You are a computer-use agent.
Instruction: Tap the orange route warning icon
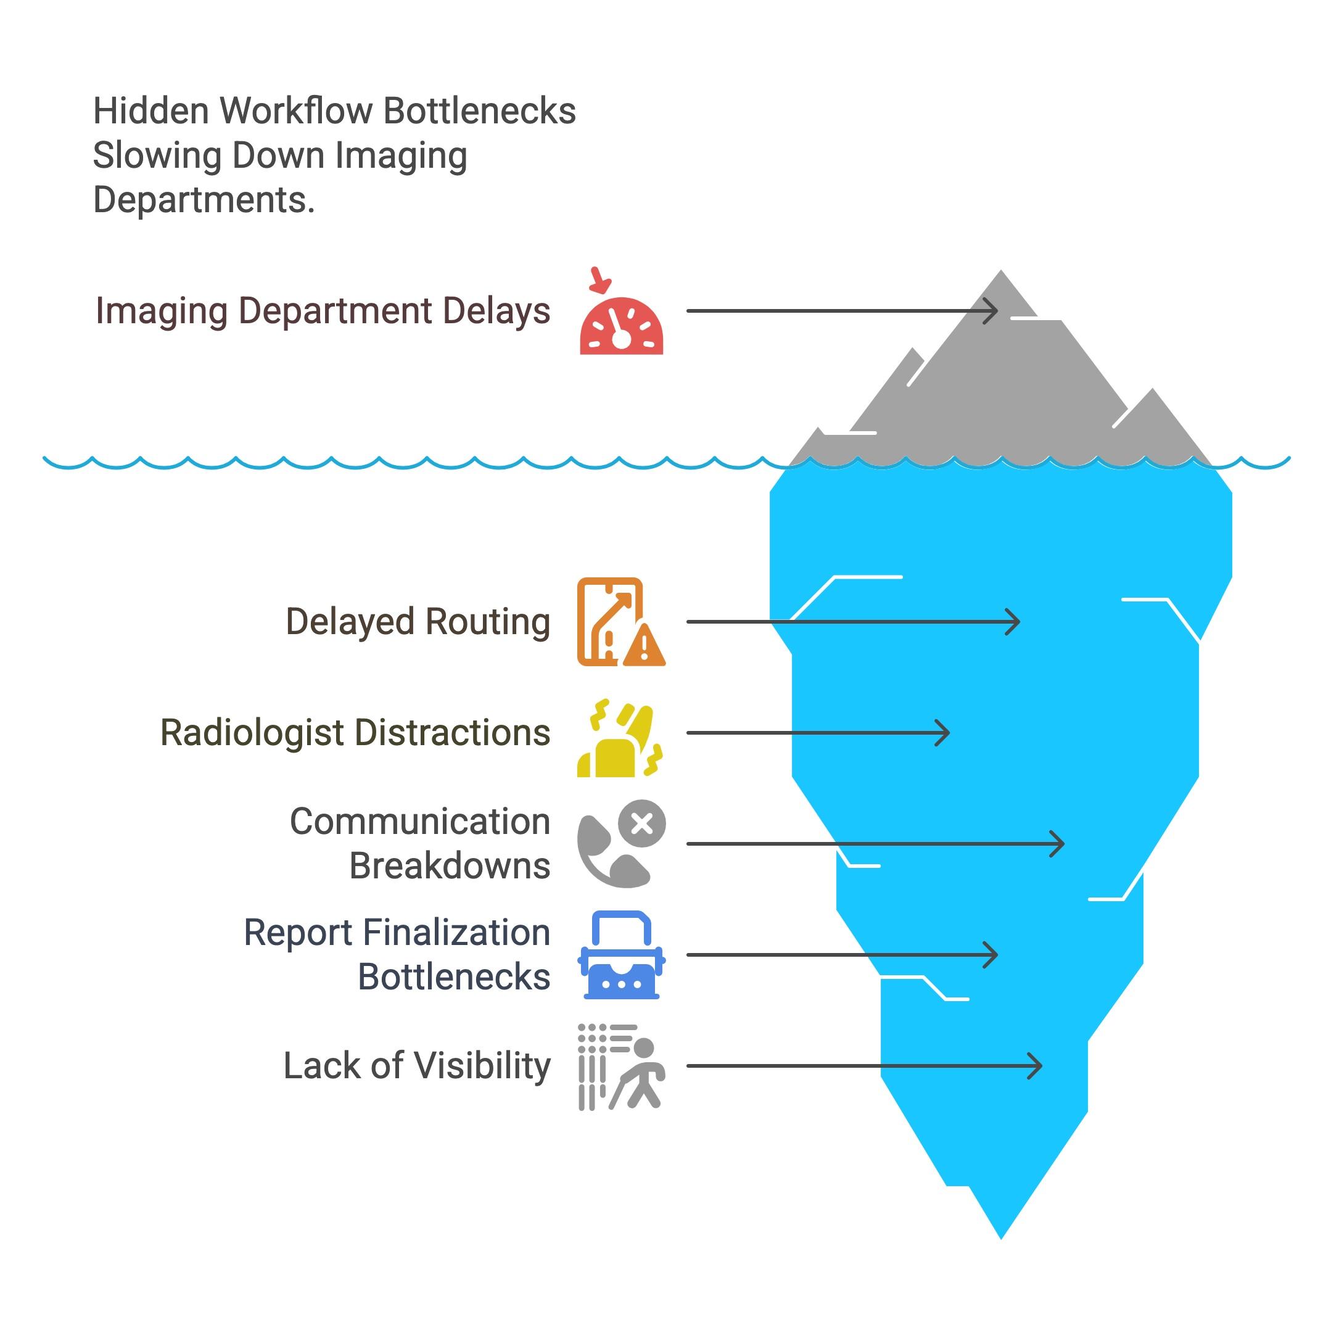click(x=620, y=622)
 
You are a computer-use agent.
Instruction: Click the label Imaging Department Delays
click(x=323, y=311)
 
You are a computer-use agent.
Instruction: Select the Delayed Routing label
click(x=418, y=622)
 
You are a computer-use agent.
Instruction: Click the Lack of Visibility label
click(x=417, y=1066)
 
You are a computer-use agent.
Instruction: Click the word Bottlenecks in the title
click(x=479, y=111)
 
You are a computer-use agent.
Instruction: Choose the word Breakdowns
click(x=450, y=866)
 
